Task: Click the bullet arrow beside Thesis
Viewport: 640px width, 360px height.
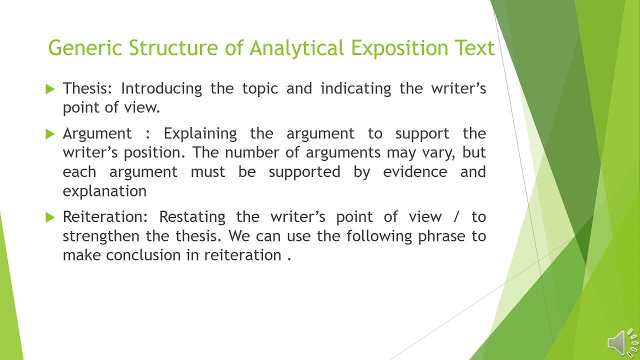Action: click(x=49, y=89)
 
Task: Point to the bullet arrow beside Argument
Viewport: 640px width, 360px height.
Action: click(x=49, y=134)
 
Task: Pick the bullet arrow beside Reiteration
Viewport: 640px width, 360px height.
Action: click(x=49, y=217)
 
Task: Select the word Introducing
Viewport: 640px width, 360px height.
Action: click(x=161, y=88)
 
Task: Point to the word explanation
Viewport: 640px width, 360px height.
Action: click(x=104, y=191)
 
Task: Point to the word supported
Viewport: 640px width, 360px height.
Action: click(x=304, y=172)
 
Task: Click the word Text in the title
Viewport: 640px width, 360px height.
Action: click(x=474, y=48)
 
